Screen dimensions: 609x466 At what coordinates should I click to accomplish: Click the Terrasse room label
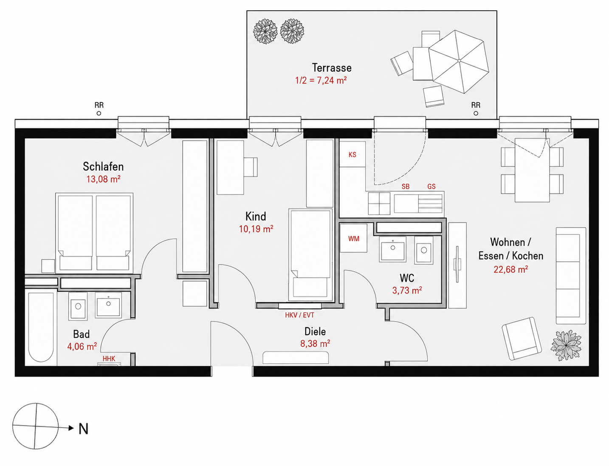pos(332,68)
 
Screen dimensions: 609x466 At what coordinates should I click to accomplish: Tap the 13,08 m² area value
pos(103,179)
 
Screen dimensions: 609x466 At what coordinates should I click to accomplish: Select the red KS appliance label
pos(352,155)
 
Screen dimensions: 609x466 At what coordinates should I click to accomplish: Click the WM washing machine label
pos(354,238)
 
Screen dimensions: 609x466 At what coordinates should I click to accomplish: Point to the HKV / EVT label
pos(300,315)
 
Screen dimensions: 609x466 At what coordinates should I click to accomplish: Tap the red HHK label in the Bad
pos(109,359)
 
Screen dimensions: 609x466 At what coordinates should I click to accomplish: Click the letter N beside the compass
pos(83,429)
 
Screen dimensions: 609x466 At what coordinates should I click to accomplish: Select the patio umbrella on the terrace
pos(459,62)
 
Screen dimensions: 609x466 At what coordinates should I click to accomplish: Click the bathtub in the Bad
pos(41,327)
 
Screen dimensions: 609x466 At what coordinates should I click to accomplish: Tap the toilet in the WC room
pos(424,250)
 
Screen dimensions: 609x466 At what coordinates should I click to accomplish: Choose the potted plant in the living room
pos(566,345)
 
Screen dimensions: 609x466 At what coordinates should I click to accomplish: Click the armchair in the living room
pos(522,338)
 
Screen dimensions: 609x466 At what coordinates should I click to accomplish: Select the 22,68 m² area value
pos(510,269)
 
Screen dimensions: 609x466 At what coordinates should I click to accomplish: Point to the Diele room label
pos(315,331)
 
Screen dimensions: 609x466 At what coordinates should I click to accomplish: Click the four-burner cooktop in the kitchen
pos(379,203)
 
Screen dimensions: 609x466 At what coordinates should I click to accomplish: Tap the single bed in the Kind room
pos(310,255)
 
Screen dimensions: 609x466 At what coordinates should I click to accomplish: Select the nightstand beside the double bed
pos(48,266)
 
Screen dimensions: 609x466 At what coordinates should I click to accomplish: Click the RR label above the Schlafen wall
pos(99,105)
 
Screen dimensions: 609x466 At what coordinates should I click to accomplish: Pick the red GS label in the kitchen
pos(431,186)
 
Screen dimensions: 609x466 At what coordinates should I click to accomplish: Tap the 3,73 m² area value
pos(407,290)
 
